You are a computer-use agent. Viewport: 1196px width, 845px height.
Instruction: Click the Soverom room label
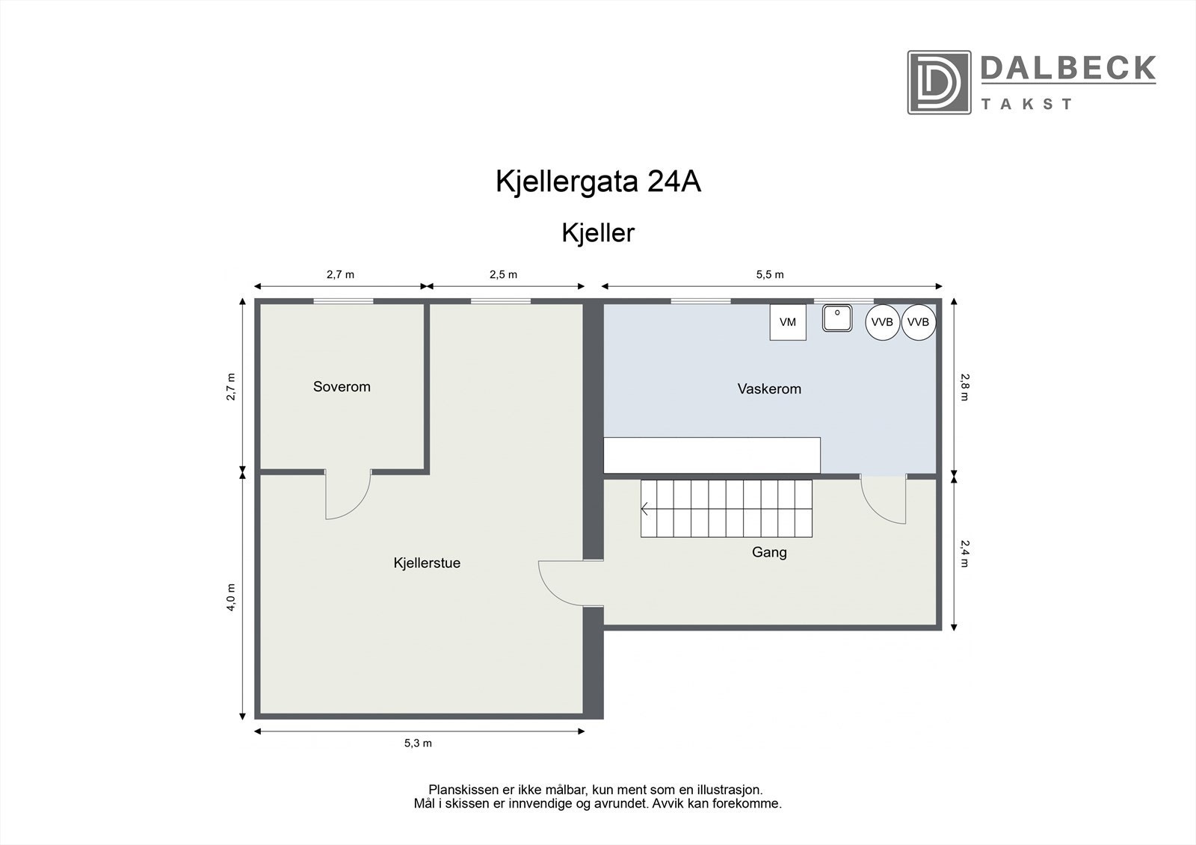coord(342,387)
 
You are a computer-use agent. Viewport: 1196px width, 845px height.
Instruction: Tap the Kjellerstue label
coord(427,563)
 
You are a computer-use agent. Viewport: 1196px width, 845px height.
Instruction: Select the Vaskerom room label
coord(769,389)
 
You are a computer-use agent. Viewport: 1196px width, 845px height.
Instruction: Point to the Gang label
coord(769,553)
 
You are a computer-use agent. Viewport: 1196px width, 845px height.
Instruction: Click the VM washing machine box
coord(788,322)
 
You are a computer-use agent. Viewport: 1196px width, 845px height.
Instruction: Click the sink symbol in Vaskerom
coord(839,318)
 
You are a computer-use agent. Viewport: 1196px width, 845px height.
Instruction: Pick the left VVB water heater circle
coord(882,322)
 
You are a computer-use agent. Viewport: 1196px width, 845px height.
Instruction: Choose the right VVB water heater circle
coord(918,322)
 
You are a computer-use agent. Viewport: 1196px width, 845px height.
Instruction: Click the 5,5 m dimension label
coord(770,274)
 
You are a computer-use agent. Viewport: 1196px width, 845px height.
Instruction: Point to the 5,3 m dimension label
coord(419,743)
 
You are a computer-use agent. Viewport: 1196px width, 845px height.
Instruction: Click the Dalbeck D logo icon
coord(939,82)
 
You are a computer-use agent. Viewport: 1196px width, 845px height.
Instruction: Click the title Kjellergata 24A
coord(598,182)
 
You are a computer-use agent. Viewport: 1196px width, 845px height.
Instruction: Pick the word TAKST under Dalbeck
coord(1026,105)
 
